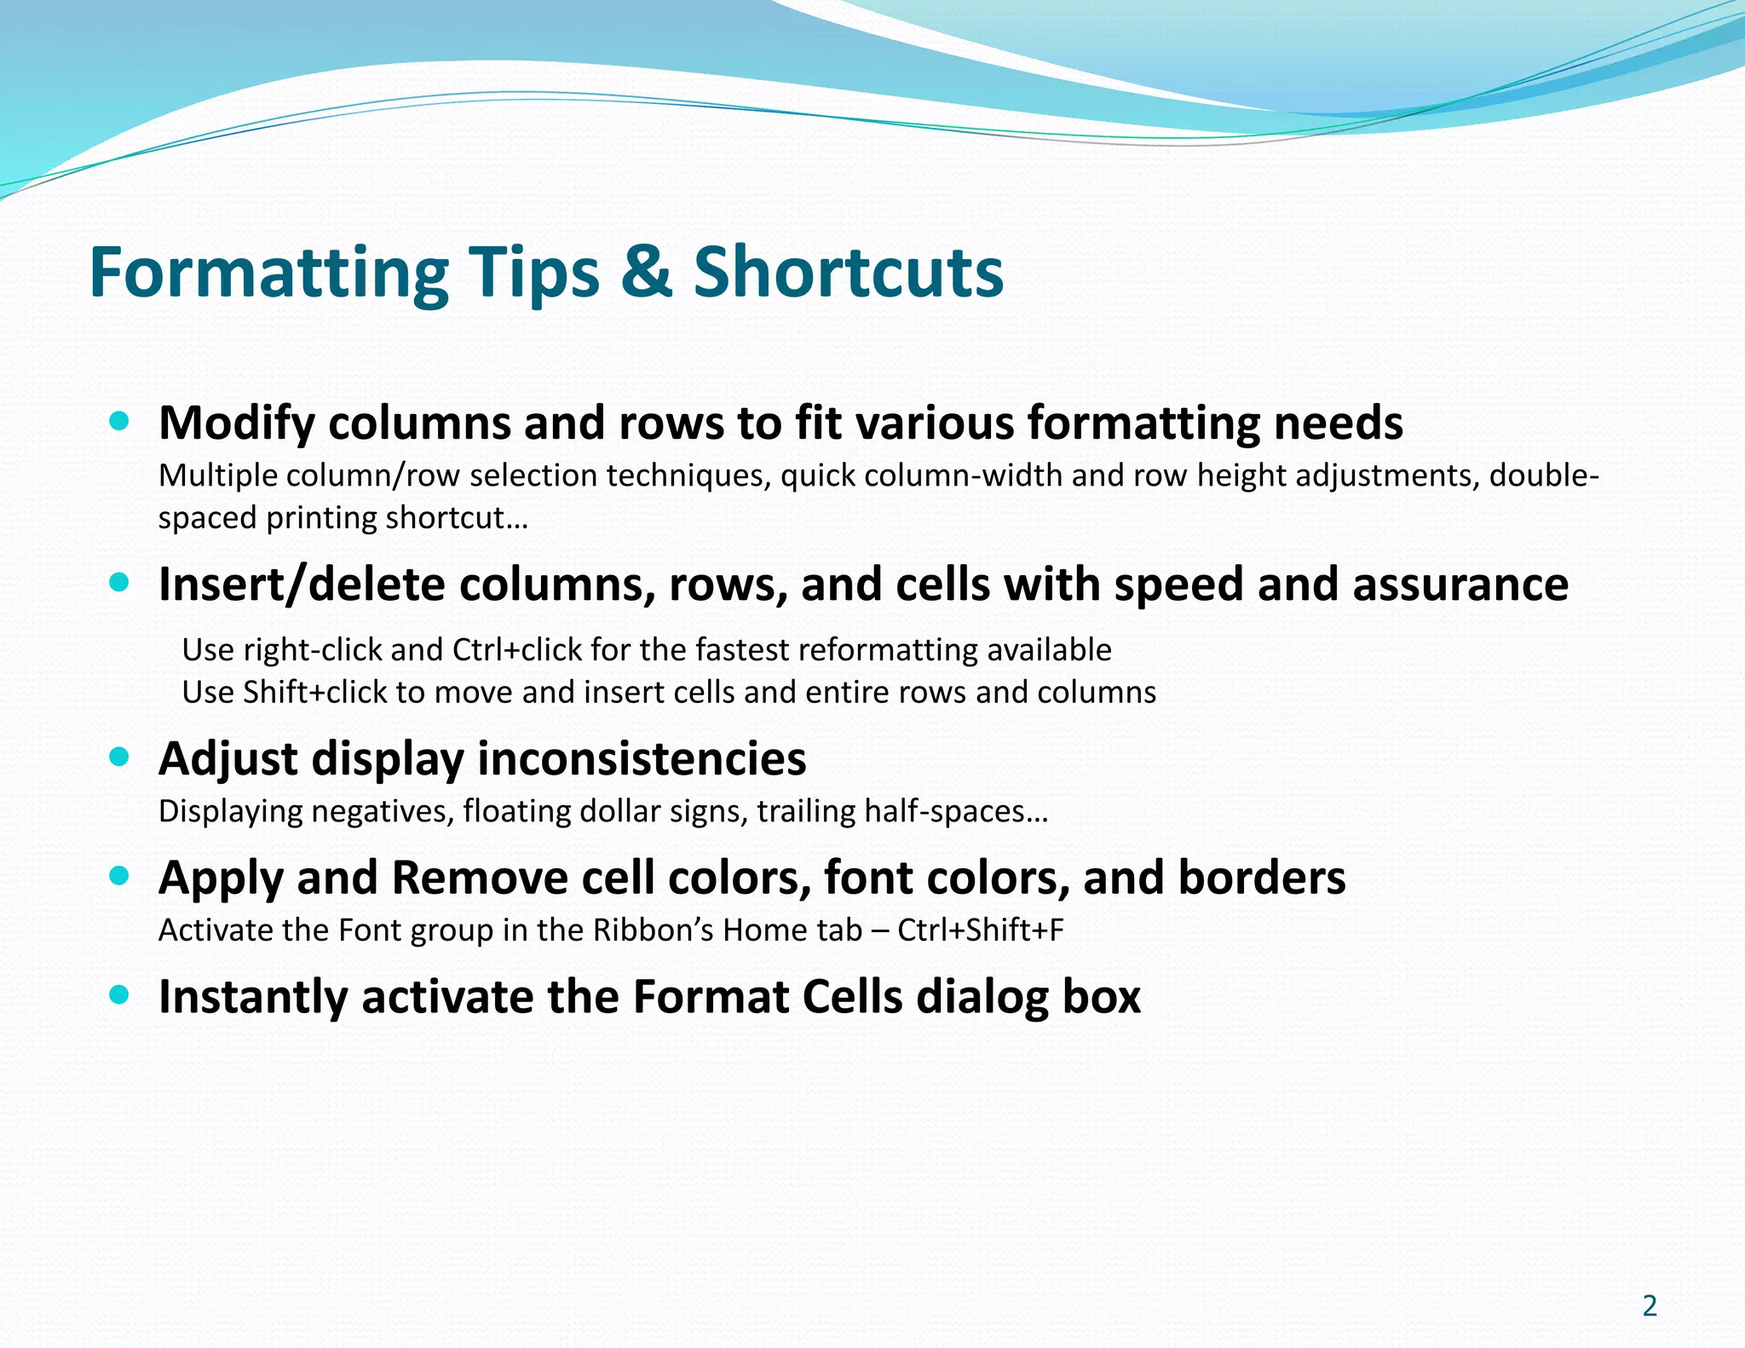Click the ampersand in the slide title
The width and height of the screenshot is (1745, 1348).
point(646,273)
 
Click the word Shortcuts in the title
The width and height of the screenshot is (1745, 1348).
point(849,273)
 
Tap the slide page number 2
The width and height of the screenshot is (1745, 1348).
point(1650,1306)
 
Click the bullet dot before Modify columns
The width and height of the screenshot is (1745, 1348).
point(119,420)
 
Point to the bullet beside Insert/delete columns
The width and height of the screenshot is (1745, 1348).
point(119,582)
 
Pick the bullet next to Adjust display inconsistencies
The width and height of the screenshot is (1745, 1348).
point(119,757)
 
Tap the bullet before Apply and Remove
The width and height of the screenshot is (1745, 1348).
point(119,875)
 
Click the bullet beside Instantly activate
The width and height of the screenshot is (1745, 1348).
point(119,994)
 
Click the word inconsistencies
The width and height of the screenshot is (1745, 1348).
point(644,758)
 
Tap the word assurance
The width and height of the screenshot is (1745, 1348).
point(1460,585)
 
